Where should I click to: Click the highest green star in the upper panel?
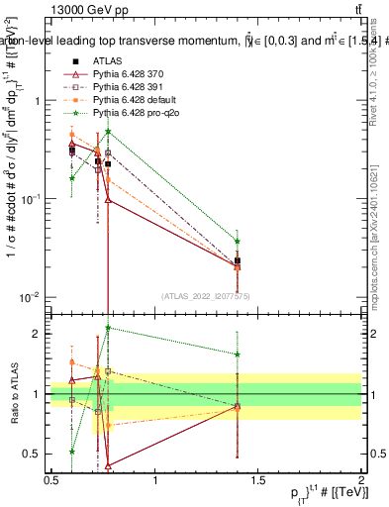click(108, 132)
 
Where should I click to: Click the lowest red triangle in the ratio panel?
click(108, 464)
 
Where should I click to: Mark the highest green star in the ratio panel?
click(108, 328)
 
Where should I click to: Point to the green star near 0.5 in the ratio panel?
click(72, 451)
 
